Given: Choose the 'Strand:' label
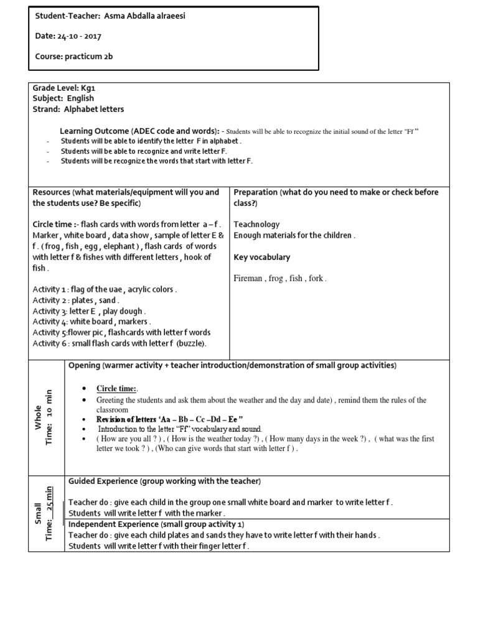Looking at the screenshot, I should tap(45, 109).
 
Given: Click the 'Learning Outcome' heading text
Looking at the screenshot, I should tap(94, 131).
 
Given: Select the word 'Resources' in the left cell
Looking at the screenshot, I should tap(51, 192).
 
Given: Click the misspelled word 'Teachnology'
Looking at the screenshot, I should tap(256, 225).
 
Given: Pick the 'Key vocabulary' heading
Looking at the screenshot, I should tap(261, 257).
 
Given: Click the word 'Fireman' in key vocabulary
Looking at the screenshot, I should tap(248, 279).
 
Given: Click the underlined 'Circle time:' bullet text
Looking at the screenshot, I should tap(117, 389).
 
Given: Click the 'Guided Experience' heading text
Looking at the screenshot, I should tap(103, 482).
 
